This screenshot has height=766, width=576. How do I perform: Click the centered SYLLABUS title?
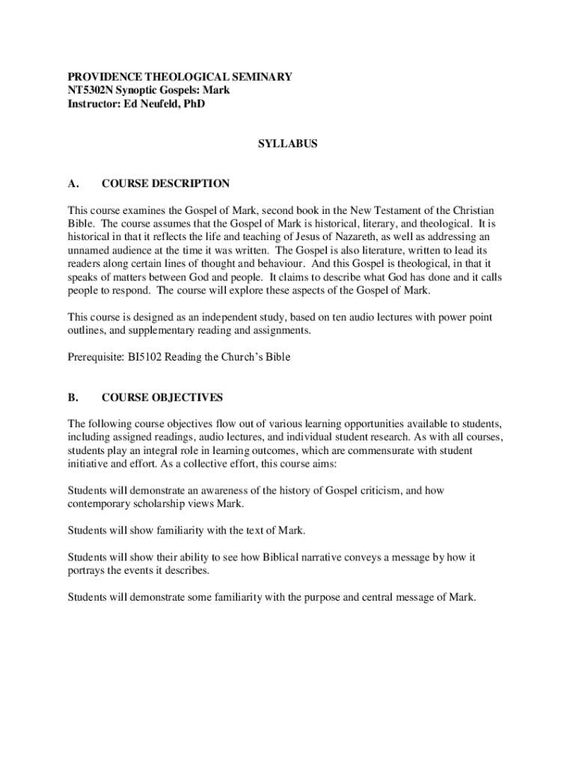[288, 144]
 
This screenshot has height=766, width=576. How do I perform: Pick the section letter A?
[73, 183]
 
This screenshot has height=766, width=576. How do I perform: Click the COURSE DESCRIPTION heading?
[165, 183]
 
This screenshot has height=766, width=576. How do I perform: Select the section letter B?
[73, 397]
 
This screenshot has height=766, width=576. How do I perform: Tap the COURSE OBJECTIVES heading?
[162, 397]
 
